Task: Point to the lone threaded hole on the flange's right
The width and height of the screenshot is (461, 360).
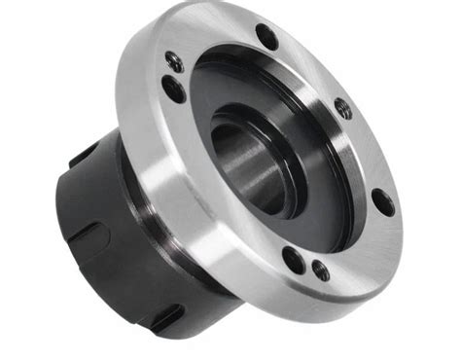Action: (x=343, y=108)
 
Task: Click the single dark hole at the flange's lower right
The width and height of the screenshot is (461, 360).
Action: (x=383, y=202)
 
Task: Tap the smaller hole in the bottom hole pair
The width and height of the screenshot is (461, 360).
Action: (x=320, y=270)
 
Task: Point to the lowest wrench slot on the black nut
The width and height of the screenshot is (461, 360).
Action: (x=165, y=317)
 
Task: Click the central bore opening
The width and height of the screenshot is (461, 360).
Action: (x=243, y=165)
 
